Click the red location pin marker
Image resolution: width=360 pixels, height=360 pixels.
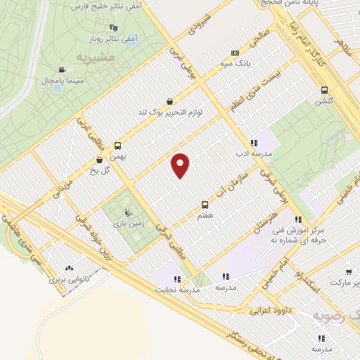click(181, 165)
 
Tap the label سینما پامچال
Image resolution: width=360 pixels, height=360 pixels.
click(43, 82)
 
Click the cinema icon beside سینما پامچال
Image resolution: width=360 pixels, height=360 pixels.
click(63, 70)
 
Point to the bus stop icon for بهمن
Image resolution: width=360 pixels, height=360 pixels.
click(117, 146)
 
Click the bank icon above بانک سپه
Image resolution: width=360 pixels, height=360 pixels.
click(235, 53)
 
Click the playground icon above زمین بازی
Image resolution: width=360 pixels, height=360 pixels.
click(127, 212)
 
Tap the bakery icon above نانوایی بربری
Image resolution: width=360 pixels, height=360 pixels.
click(69, 268)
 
